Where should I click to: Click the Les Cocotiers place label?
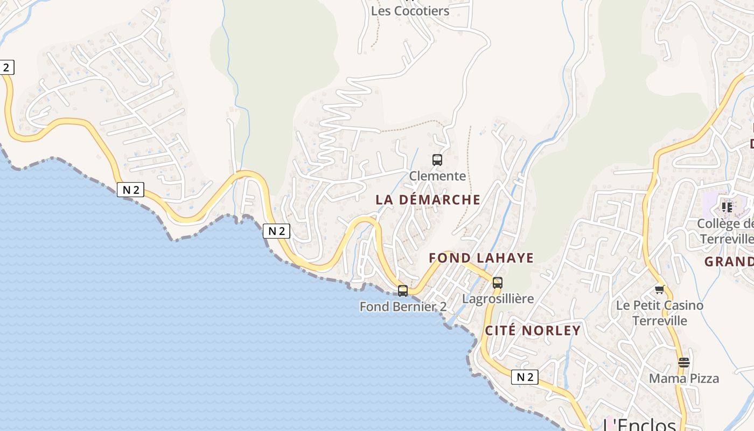[x=410, y=11]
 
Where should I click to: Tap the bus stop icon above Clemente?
[x=437, y=160]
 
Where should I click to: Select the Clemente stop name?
[x=437, y=176]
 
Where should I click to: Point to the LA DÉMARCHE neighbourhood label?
[x=428, y=200]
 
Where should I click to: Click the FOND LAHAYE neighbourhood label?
[x=481, y=258]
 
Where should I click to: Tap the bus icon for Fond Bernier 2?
[x=403, y=291]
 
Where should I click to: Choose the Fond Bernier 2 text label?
[x=403, y=307]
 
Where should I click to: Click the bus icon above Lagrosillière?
[x=498, y=283]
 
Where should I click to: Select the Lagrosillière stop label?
[x=498, y=298]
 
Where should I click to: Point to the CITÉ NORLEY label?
[x=533, y=331]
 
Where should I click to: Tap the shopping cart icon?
[x=660, y=290]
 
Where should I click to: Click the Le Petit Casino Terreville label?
[x=660, y=313]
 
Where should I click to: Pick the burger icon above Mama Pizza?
[x=684, y=363]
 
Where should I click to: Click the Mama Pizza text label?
[x=684, y=378]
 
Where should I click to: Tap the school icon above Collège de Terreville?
[x=727, y=207]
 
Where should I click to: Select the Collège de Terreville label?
[x=725, y=231]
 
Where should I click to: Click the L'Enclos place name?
[x=639, y=425]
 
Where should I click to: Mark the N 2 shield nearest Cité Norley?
[x=525, y=377]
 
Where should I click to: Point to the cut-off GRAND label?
[x=729, y=262]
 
